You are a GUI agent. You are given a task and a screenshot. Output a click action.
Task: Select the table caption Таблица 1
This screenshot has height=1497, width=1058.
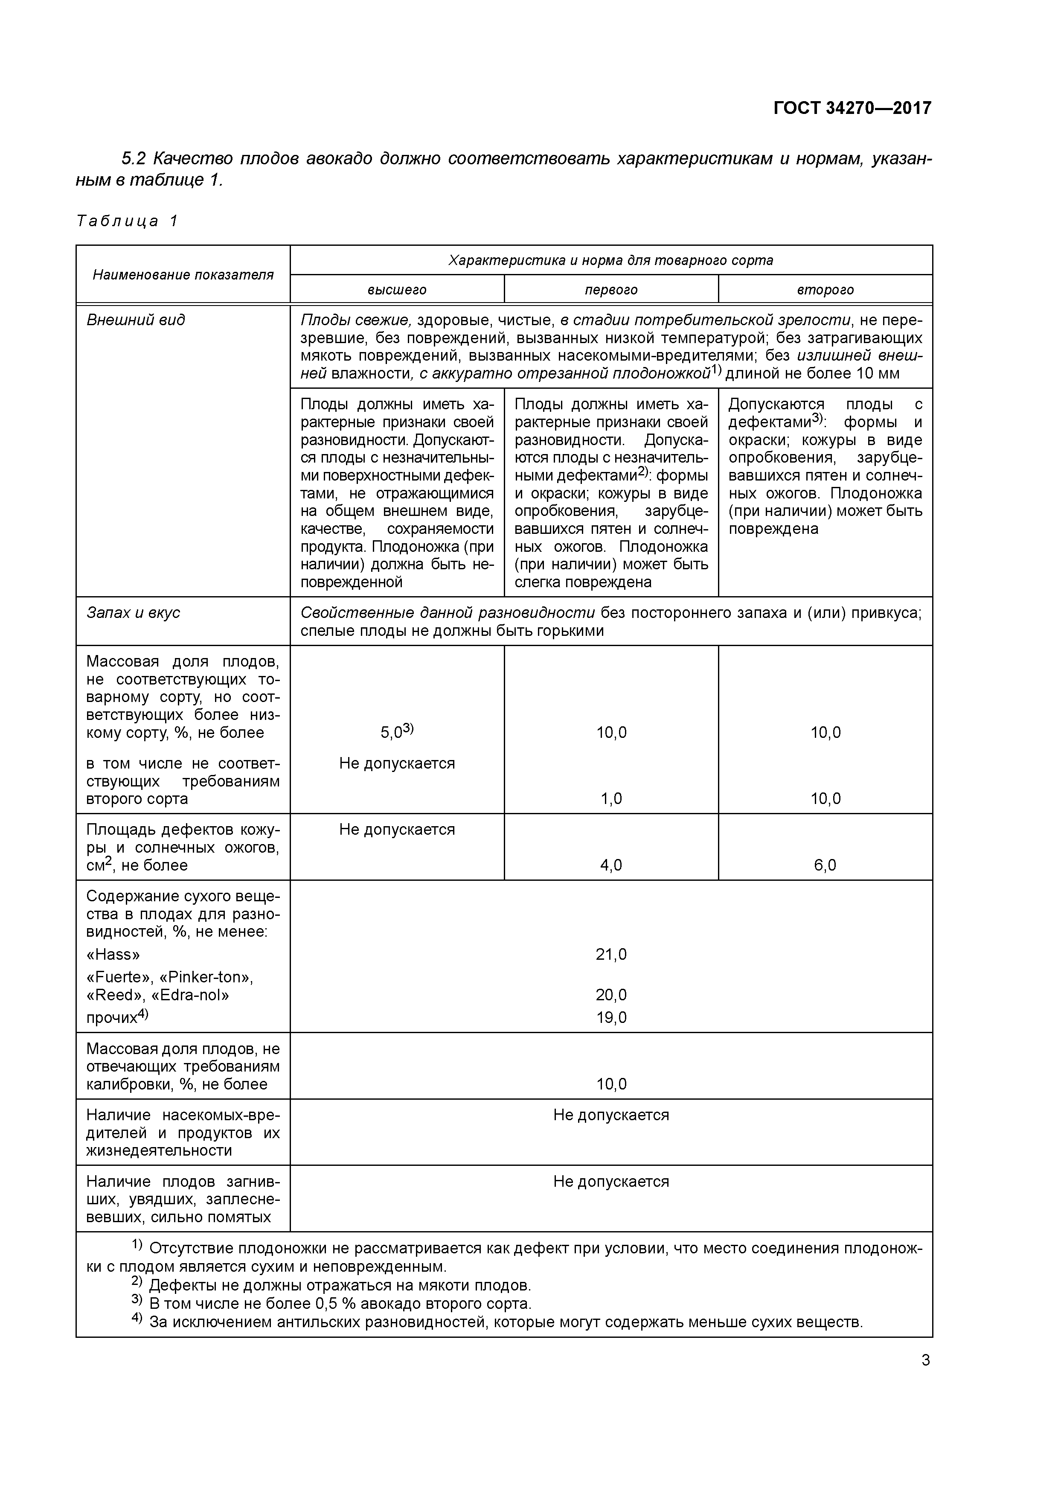127,221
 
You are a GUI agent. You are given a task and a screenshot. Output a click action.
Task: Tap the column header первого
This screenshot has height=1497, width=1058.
611,289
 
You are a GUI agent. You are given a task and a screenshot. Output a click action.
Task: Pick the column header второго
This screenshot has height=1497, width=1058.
825,289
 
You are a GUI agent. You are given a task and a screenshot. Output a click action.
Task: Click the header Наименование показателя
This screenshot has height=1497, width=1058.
183,274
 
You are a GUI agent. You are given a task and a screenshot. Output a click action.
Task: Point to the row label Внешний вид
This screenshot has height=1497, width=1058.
136,320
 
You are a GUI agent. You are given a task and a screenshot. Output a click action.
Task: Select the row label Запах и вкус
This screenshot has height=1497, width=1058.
133,613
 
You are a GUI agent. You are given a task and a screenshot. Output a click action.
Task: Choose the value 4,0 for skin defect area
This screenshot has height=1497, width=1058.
611,865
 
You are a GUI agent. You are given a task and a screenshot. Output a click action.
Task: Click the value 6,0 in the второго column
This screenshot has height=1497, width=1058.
825,865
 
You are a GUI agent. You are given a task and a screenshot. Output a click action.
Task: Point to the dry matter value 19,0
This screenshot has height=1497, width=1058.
611,1017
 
